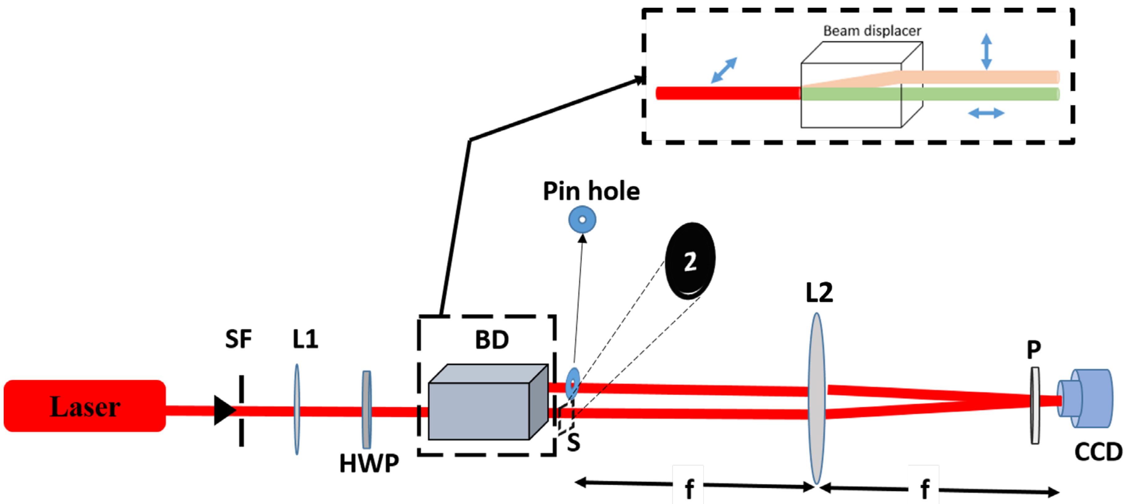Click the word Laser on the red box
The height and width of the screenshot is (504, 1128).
click(x=85, y=407)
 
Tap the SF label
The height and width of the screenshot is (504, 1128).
click(x=238, y=339)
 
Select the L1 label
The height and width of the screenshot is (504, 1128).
click(x=305, y=339)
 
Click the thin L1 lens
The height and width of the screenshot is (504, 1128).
click(x=297, y=409)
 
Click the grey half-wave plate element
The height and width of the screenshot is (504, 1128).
click(x=366, y=409)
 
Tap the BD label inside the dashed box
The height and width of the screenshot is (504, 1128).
click(x=492, y=340)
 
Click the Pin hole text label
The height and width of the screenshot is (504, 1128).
click(x=591, y=191)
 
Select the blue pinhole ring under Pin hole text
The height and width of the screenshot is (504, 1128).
click(x=582, y=220)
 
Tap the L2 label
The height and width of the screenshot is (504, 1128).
click(x=819, y=293)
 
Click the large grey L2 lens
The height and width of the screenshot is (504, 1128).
click(x=816, y=398)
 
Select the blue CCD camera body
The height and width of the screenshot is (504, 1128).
click(x=1090, y=398)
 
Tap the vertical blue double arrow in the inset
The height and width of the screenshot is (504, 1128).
click(x=986, y=51)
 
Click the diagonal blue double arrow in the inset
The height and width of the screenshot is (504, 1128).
click(x=724, y=70)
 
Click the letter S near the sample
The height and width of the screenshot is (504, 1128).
click(x=573, y=443)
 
